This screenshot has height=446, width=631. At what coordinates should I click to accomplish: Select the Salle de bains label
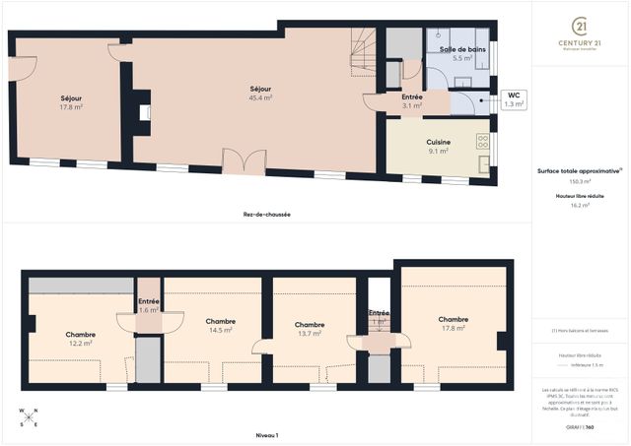pos(461,48)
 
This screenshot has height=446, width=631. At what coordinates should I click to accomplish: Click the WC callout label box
pos(514,99)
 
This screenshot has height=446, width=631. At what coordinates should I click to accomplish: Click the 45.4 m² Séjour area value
pos(261,97)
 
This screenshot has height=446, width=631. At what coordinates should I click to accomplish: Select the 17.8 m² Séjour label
pos(71,103)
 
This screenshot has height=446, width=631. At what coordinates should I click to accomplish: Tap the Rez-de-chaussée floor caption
pos(266,215)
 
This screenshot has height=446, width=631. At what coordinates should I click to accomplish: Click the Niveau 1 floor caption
pos(266,434)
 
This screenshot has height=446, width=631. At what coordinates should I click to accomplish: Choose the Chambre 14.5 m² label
pos(220,326)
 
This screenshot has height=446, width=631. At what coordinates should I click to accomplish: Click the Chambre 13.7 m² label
pos(310,329)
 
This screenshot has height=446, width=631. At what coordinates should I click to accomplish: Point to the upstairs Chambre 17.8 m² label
pos(453,324)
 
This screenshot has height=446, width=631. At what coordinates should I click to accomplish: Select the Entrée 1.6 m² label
pos(149,305)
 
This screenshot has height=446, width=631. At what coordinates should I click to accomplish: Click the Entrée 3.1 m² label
pos(413,101)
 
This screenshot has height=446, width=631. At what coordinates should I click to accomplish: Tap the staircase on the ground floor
pos(362,48)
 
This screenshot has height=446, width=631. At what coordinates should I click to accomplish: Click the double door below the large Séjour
pos(244,162)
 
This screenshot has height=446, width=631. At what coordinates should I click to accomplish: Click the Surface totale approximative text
pos(579,170)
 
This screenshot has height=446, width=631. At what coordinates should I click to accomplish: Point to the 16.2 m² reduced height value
pos(580,205)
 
